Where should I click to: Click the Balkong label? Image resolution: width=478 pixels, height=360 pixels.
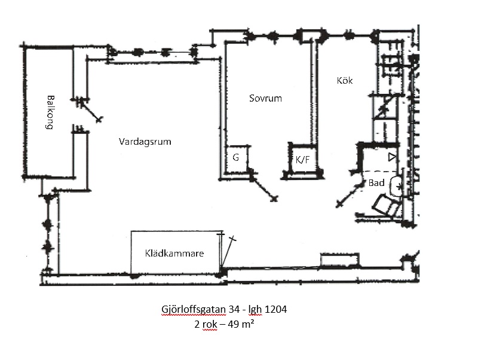pos(51,113)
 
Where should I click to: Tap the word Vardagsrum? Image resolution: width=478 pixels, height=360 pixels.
pos(145,142)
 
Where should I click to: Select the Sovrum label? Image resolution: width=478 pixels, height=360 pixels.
pos(265,98)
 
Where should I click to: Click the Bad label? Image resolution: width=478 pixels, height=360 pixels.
pos(376,183)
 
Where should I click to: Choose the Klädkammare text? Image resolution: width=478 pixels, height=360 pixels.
pos(174,254)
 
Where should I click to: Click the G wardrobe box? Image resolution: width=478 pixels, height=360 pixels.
pos(236,158)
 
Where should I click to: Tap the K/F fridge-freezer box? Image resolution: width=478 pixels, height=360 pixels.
pos(302,159)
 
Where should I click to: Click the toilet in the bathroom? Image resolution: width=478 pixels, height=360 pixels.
pos(386,206)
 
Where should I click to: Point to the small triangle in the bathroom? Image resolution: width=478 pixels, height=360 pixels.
pos(391,157)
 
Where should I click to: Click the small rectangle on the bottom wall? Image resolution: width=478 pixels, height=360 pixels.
pos(340,260)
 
